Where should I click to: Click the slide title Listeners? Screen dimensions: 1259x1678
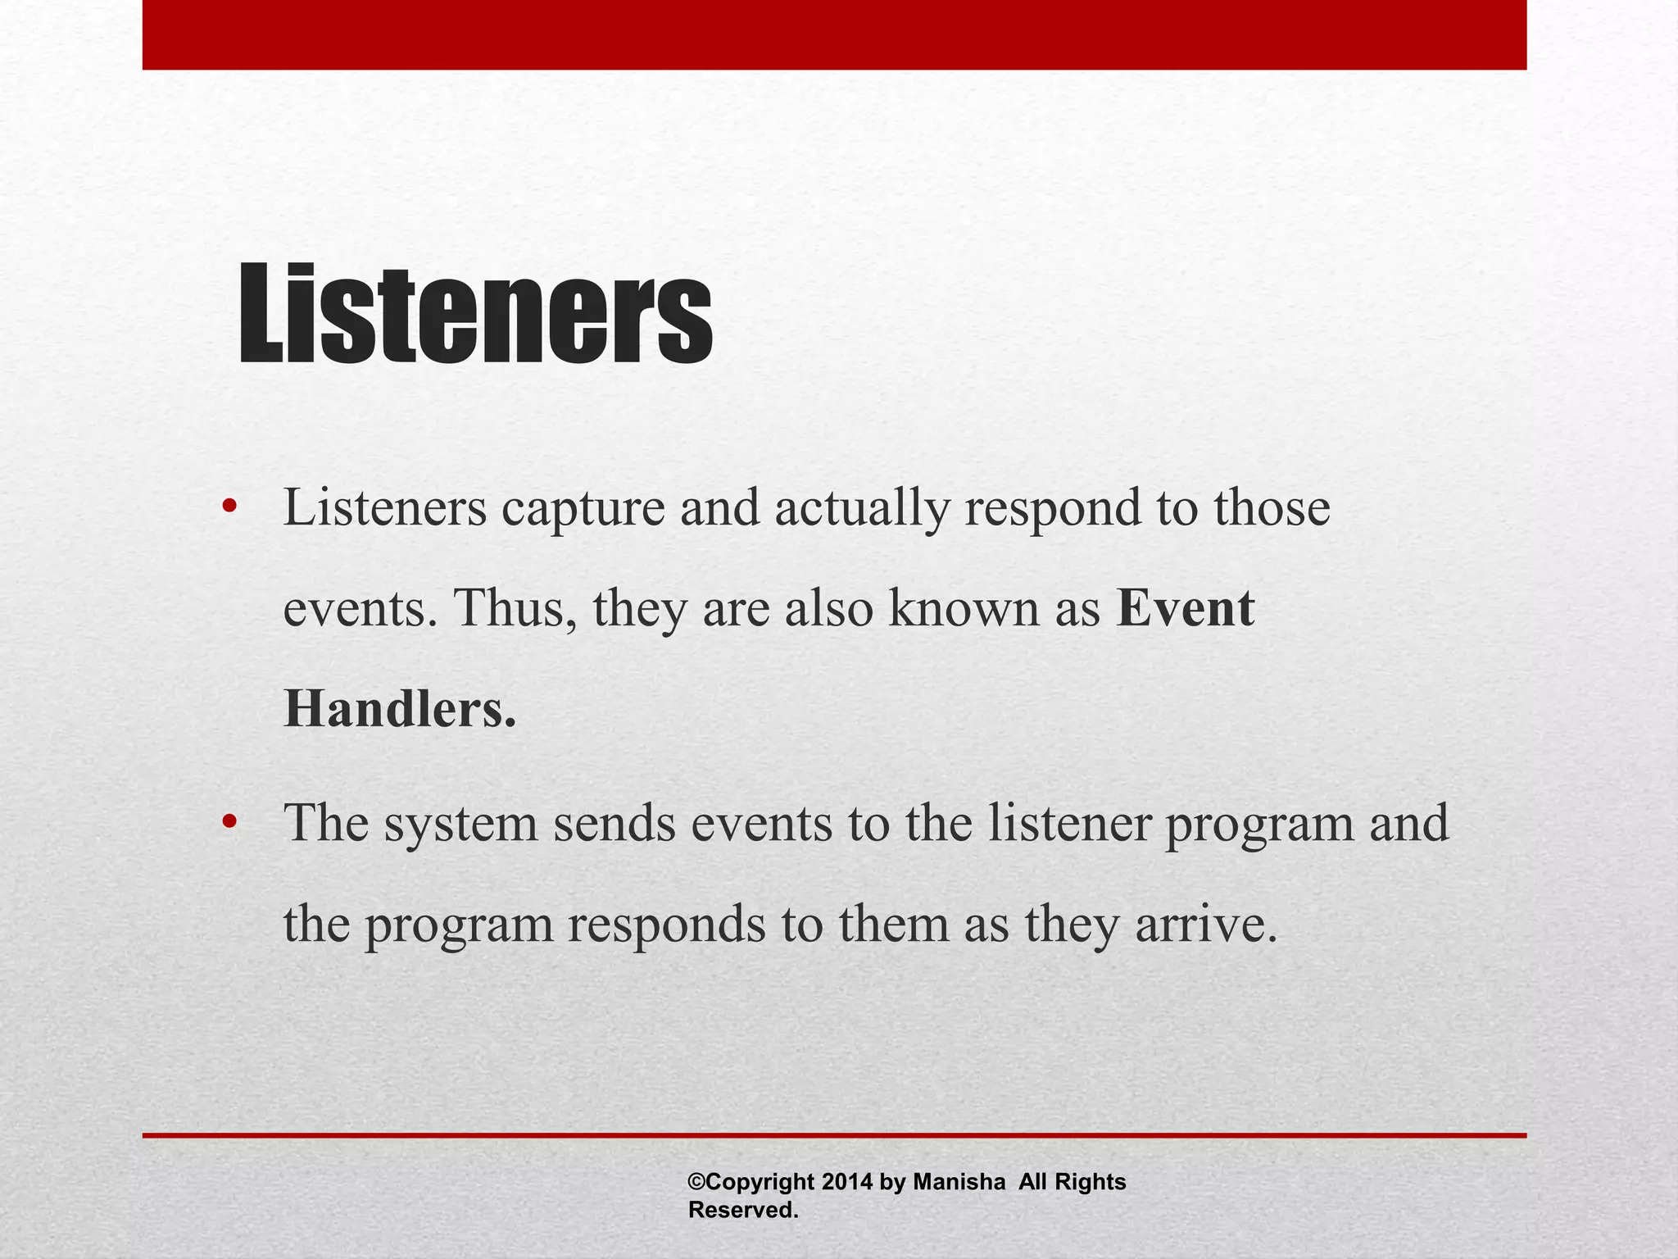pos(475,313)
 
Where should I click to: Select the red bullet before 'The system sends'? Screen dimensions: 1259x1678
pos(229,820)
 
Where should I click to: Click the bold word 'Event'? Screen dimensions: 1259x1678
pos(1185,609)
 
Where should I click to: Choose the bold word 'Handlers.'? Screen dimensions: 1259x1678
pos(400,709)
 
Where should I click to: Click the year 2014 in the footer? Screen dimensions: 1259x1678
pos(847,1182)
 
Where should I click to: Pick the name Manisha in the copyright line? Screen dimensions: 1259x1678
pos(959,1182)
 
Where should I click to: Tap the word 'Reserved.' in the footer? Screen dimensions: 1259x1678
pos(742,1210)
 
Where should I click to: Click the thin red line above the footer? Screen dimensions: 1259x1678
pos(834,1135)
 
